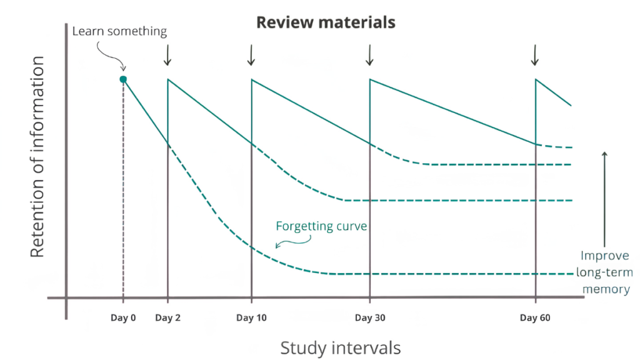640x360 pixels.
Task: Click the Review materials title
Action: click(x=326, y=22)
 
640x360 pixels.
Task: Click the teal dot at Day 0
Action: click(x=123, y=79)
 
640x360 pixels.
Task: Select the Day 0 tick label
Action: click(x=123, y=318)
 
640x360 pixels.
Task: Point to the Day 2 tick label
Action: click(x=167, y=318)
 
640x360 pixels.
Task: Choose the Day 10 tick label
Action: click(x=251, y=318)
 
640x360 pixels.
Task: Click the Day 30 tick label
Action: click(x=369, y=318)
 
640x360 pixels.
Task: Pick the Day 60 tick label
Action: click(x=535, y=318)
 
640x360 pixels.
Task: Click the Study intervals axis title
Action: click(x=340, y=347)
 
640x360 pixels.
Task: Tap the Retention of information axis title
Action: click(x=37, y=156)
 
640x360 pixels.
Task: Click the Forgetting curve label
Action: click(x=321, y=226)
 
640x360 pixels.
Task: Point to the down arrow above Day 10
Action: click(x=251, y=55)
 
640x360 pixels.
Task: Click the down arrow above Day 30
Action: click(x=369, y=55)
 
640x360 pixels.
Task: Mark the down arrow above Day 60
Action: click(x=535, y=55)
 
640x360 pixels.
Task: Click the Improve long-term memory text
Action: click(x=604, y=272)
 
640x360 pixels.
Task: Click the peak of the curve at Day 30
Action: click(x=370, y=79)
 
